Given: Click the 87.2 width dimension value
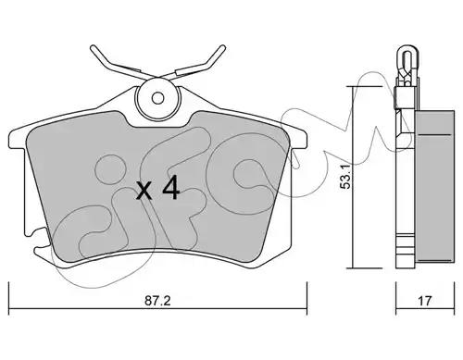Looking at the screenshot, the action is point(157,301).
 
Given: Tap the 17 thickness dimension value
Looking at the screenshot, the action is point(425,301).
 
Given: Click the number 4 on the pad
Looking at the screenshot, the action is point(170,188).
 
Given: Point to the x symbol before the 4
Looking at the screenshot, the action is point(144,191).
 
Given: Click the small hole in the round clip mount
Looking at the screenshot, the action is point(157,98).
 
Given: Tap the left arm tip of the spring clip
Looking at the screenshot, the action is point(93,48).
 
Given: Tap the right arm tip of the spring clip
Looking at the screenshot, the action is point(223,48).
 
